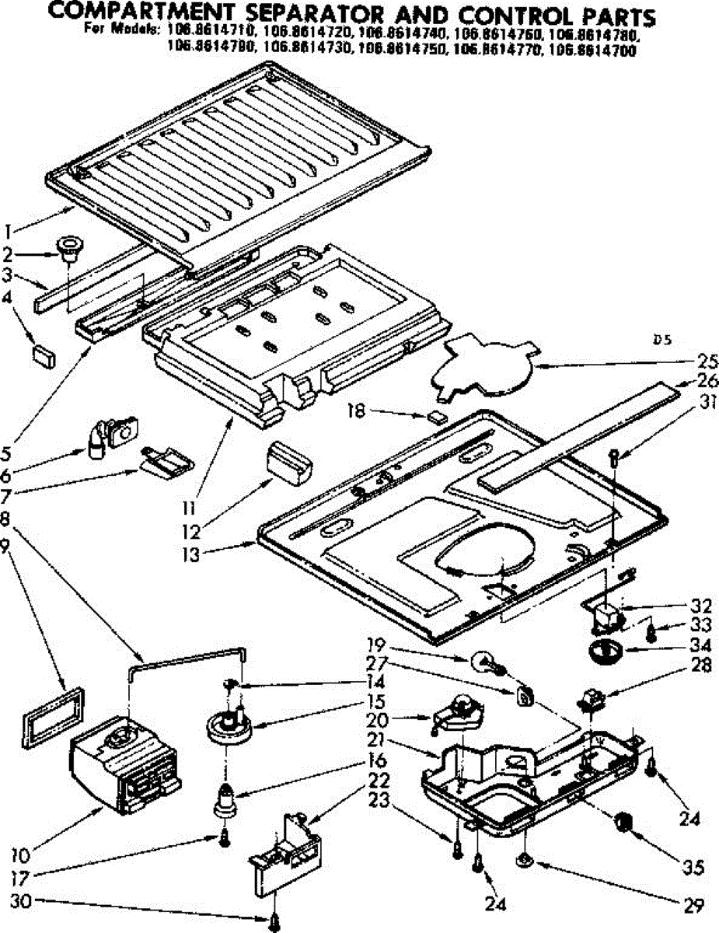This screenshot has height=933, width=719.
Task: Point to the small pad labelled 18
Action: coord(438,416)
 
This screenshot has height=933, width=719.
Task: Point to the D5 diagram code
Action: coord(661,339)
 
